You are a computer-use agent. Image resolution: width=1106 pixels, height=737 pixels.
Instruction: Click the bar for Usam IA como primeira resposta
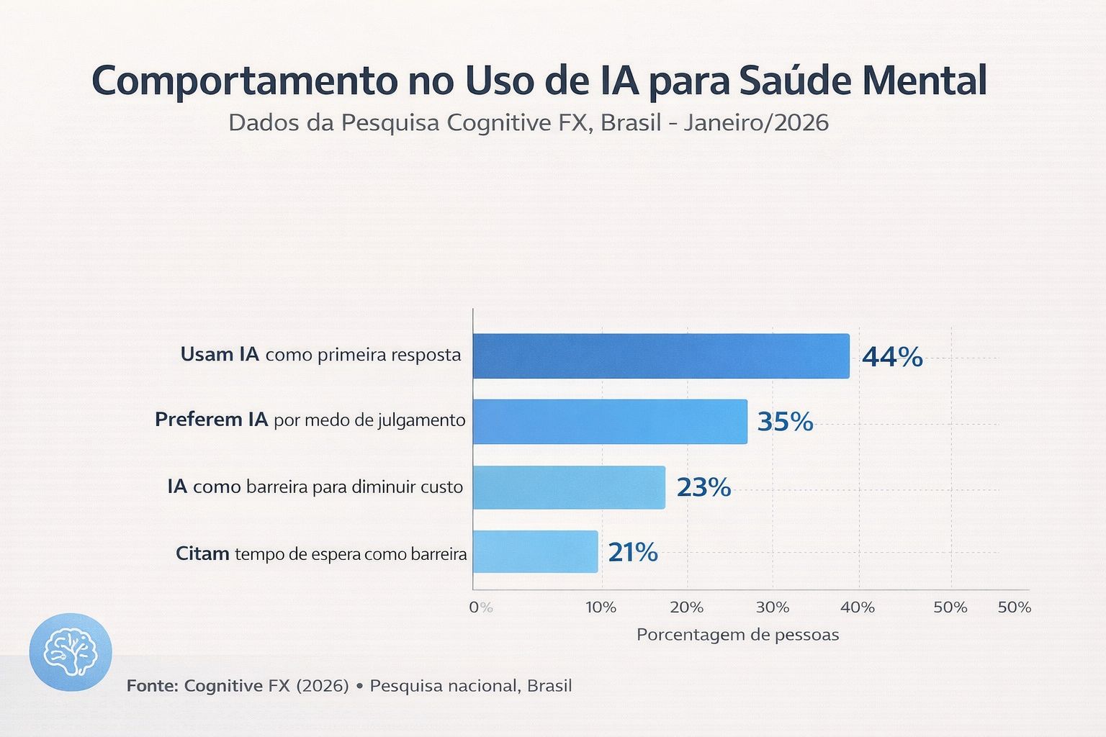point(661,356)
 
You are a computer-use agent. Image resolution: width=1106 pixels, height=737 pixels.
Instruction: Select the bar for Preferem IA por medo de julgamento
point(610,422)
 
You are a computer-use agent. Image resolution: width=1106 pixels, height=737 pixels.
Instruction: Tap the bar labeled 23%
point(569,487)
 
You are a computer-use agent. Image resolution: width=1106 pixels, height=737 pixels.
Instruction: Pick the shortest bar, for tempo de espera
point(535,552)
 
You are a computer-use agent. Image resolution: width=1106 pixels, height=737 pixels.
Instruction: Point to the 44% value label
point(892,357)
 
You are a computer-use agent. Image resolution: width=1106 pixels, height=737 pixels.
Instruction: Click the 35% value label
point(785,422)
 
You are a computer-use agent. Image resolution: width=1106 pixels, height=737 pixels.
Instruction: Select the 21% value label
point(633,552)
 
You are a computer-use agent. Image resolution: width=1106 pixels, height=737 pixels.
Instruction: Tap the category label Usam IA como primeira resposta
point(320,355)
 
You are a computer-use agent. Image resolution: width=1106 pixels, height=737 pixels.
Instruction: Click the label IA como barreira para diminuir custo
point(315,487)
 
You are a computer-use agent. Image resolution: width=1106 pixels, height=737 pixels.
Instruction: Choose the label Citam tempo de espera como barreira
point(321,554)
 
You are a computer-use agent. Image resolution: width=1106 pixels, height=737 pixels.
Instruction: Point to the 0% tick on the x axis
point(480,607)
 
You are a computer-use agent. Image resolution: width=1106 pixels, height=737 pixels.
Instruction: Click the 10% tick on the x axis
point(601,607)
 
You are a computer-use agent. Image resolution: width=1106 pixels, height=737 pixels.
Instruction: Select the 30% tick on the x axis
point(772,607)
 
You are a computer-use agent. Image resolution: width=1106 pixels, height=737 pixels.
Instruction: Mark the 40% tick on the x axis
point(858,607)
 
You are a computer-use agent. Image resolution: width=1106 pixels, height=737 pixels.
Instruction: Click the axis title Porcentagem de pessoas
point(737,635)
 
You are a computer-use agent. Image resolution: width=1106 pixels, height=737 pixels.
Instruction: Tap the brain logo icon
point(71,652)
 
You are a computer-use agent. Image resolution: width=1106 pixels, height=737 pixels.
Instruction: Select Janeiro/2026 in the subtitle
point(756,123)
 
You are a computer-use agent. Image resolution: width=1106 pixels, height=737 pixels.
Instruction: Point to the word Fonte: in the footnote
point(152,686)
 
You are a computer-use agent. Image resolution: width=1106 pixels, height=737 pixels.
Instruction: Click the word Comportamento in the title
point(243,81)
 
